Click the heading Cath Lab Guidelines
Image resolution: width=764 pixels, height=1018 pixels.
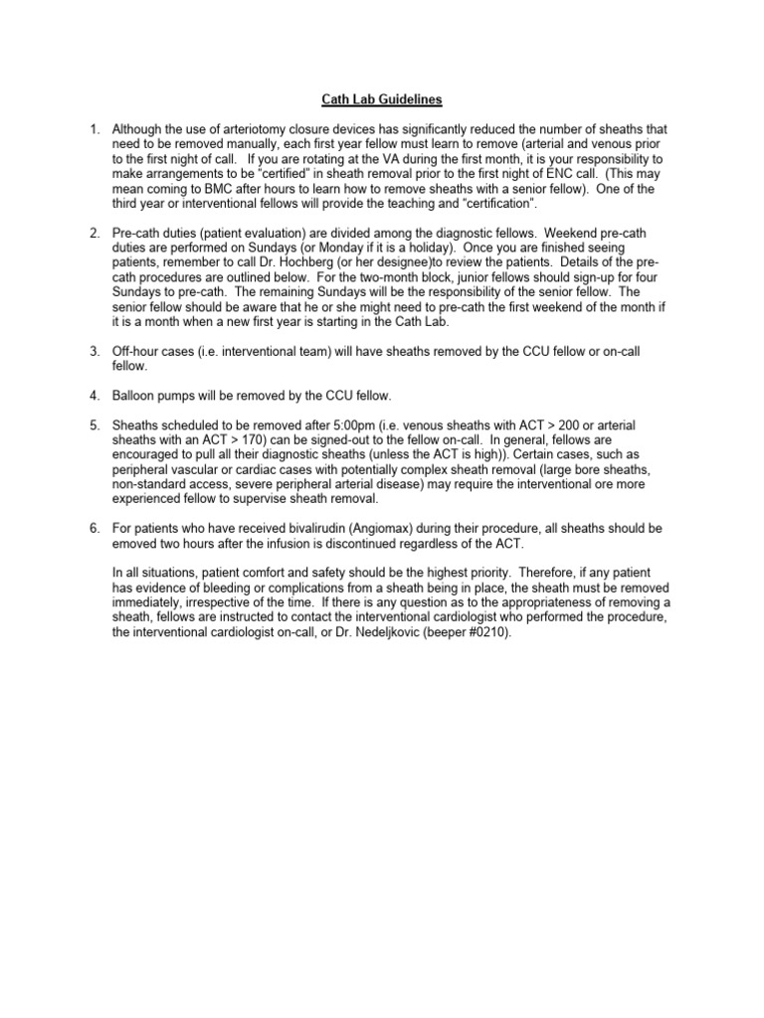click(381, 99)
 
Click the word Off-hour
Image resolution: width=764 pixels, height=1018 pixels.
click(138, 352)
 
